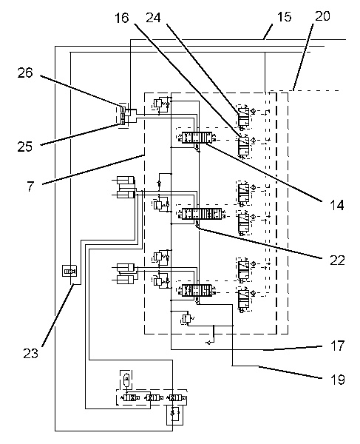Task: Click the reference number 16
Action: tap(122, 18)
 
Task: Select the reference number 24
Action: tap(153, 18)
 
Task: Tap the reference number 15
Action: tap(284, 17)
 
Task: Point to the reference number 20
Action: tap(322, 16)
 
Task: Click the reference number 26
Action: tap(25, 73)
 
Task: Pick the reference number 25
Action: tap(25, 147)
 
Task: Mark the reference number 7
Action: tap(30, 186)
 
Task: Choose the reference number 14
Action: tap(337, 205)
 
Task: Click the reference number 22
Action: tap(337, 260)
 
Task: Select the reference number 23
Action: tap(30, 353)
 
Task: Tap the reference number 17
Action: tap(338, 346)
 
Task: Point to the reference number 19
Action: tap(338, 380)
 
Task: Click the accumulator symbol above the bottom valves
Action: tap(126, 379)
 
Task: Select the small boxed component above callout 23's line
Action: tap(69, 271)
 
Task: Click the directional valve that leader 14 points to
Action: tap(197, 138)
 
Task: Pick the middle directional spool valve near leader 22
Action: tap(203, 214)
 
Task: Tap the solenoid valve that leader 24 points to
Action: tap(243, 117)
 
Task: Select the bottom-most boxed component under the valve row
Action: tap(174, 416)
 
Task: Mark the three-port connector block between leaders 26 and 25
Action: tap(124, 115)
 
